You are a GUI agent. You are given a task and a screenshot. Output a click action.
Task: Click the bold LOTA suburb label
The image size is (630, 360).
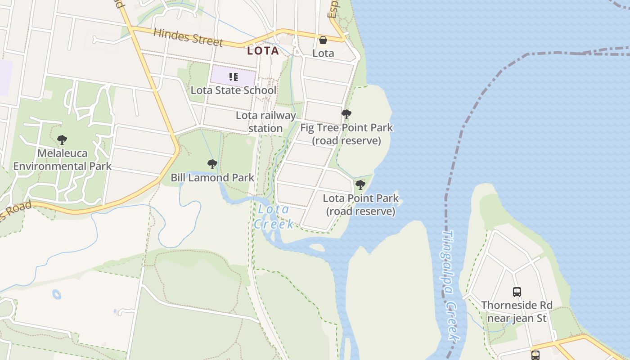(263, 51)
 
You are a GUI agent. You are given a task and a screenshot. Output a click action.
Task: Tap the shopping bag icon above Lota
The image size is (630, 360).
(323, 40)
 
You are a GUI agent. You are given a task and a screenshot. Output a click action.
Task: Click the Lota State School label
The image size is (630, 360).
(234, 90)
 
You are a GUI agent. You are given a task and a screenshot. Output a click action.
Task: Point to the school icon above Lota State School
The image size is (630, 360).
(233, 77)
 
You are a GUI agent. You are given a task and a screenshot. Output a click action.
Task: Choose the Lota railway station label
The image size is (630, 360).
(265, 121)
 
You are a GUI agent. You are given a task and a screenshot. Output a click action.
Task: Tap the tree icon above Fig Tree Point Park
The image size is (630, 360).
(346, 114)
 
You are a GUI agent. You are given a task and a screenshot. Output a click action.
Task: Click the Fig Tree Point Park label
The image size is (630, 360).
(346, 134)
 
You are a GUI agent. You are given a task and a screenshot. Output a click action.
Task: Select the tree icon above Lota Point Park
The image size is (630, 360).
(360, 184)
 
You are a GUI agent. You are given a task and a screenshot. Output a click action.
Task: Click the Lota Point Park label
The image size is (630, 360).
(361, 204)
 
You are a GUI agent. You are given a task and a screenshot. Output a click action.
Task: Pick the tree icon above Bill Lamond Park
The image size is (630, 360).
(212, 164)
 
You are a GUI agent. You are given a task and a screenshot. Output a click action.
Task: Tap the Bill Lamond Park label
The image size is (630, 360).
(212, 178)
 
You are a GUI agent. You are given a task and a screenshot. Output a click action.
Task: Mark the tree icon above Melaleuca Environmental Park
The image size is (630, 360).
(62, 139)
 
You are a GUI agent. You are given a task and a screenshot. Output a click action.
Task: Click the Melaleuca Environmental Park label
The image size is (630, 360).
(62, 160)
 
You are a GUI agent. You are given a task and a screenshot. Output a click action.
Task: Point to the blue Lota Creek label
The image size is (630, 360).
(274, 216)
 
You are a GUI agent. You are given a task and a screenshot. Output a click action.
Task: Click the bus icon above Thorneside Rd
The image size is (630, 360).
(517, 292)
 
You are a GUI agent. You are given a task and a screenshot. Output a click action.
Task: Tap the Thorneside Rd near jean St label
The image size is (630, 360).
(517, 312)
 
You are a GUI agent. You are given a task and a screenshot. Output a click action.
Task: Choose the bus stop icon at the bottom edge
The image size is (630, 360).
(535, 355)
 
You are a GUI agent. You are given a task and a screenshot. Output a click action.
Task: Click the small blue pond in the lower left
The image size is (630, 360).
(57, 295)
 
